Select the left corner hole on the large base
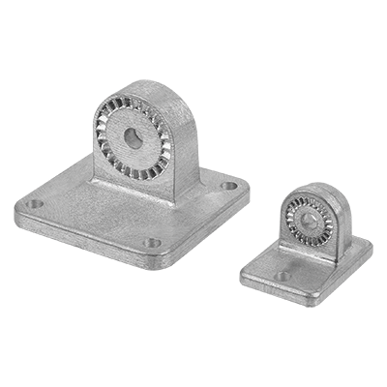coord(35,205)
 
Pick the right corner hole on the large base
coord(228,185)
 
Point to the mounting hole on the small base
coord(282,275)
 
